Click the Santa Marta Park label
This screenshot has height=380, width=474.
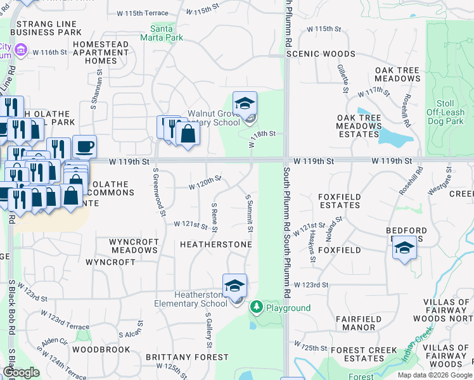click(167, 33)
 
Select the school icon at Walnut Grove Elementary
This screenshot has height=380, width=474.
click(244, 104)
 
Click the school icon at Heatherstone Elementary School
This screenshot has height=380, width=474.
click(234, 286)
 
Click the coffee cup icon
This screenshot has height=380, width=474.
click(84, 148)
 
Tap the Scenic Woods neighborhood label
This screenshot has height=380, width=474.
click(321, 54)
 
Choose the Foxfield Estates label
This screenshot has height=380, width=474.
click(340, 201)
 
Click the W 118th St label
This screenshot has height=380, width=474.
click(261, 136)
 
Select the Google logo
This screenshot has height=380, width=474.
click(21, 372)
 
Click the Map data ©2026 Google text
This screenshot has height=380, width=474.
click(433, 375)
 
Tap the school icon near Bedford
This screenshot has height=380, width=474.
click(404, 248)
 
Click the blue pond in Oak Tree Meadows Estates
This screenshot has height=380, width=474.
click(394, 135)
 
